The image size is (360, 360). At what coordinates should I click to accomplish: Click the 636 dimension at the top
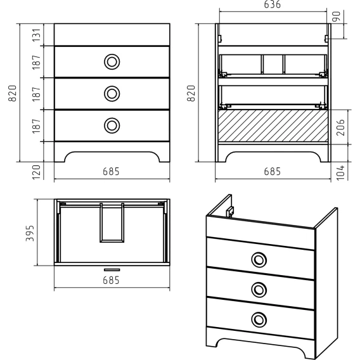[x=273, y=4]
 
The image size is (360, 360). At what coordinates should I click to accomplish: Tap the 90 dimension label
[x=337, y=16]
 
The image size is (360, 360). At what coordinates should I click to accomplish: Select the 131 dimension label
[x=37, y=35]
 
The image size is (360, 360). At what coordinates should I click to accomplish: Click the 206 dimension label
[x=340, y=127]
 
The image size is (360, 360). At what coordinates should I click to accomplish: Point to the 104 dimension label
[x=340, y=172]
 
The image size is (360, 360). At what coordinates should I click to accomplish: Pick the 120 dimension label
[x=37, y=172]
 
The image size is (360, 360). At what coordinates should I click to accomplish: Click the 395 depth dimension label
[x=30, y=233]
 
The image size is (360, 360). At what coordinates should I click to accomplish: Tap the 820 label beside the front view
[x=13, y=93]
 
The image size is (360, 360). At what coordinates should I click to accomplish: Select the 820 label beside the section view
[x=191, y=93]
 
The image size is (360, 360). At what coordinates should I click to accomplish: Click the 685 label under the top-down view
[x=111, y=280]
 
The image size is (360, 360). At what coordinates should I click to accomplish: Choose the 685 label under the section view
[x=273, y=172]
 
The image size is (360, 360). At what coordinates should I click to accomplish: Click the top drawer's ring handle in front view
[x=112, y=61]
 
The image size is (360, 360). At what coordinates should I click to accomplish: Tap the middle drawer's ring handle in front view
[x=112, y=94]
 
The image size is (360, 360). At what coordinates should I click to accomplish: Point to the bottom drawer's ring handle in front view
[x=112, y=125]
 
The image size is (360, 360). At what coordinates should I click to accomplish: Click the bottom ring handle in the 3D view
[x=259, y=319]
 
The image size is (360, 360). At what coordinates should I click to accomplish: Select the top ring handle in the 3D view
[x=259, y=260]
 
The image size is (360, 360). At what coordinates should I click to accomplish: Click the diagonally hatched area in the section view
[x=273, y=125]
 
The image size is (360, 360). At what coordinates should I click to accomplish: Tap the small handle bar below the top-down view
[x=112, y=270]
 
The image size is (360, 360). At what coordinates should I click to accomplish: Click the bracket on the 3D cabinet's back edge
[x=230, y=212]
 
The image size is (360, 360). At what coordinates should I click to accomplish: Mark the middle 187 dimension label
[x=37, y=94]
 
